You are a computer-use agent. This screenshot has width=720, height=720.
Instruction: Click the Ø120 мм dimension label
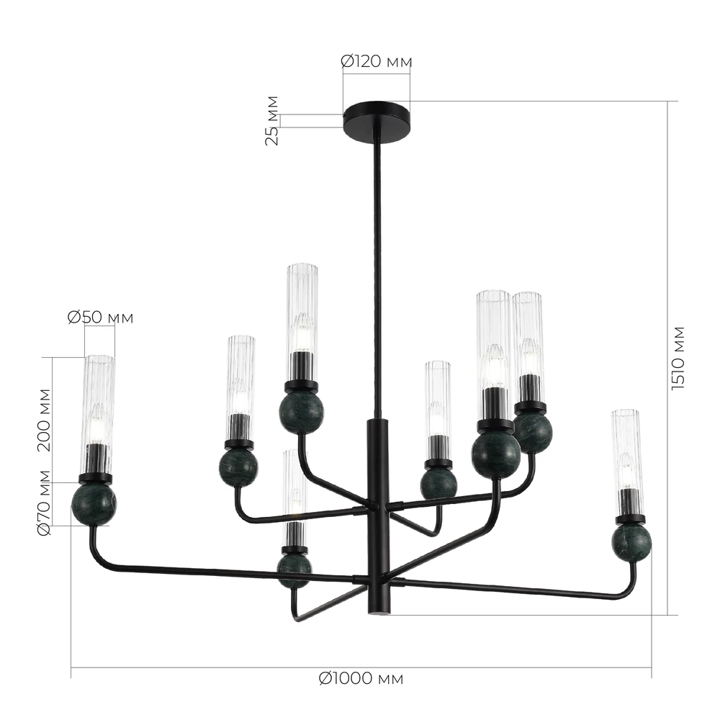coord(376,62)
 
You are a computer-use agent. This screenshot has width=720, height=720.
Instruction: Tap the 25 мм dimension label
coord(272,120)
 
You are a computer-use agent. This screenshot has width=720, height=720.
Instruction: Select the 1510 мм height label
coord(678,358)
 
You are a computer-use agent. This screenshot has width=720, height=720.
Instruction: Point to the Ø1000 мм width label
coord(361,678)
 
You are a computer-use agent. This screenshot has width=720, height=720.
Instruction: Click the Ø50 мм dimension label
coord(100,317)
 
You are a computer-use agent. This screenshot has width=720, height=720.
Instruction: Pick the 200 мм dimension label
coord(45,419)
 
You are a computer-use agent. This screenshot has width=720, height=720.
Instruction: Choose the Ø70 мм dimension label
coord(45,503)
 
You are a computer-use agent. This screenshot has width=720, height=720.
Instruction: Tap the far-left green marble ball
coord(94,504)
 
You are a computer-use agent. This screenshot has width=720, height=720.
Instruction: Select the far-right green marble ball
coord(631,541)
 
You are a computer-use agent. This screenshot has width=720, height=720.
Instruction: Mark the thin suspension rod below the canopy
coord(376,274)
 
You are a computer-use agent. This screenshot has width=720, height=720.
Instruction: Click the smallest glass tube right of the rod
coord(437,403)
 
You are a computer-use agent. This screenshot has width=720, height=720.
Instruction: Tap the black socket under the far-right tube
coord(629,504)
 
